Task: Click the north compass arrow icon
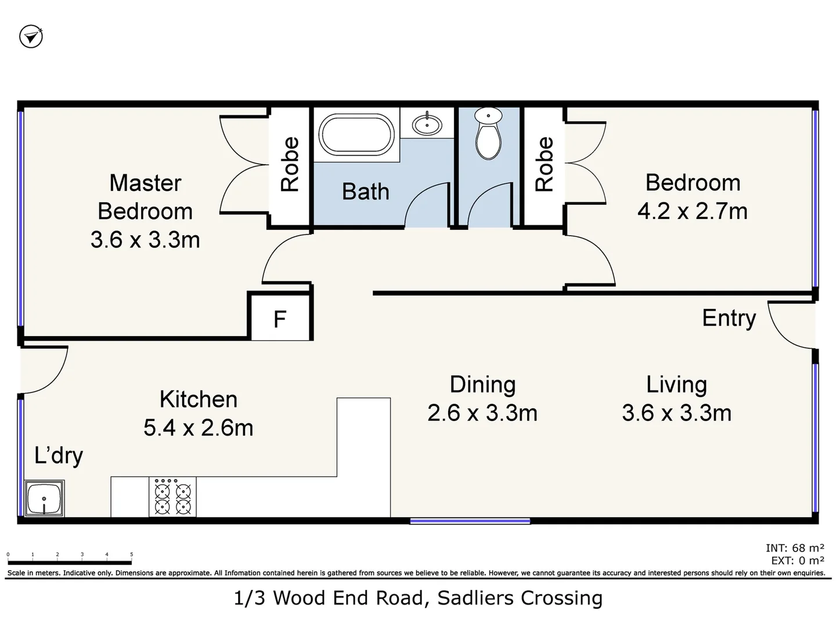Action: click(31, 37)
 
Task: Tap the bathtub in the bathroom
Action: click(356, 134)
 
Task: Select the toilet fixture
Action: click(488, 134)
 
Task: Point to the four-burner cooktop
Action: click(172, 496)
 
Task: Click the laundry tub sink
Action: click(44, 498)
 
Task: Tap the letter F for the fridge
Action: click(280, 319)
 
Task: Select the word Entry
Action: click(729, 319)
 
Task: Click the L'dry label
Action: click(59, 456)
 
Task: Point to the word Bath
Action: click(366, 191)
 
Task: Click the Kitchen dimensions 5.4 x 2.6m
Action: click(199, 427)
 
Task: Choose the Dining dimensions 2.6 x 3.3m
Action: click(482, 413)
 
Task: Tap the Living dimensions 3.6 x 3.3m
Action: click(677, 413)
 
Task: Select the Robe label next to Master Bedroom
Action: click(290, 164)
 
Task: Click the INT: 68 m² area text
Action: click(795, 548)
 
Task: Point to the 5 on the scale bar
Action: click(131, 554)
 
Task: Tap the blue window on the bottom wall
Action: click(470, 521)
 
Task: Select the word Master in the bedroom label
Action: click(145, 183)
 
